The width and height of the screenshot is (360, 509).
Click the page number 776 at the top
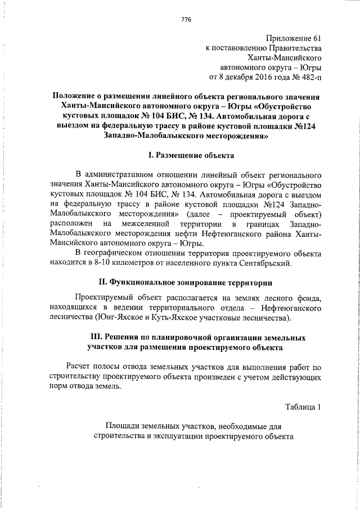coord(186,20)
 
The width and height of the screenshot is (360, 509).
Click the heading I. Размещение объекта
coord(186,154)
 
